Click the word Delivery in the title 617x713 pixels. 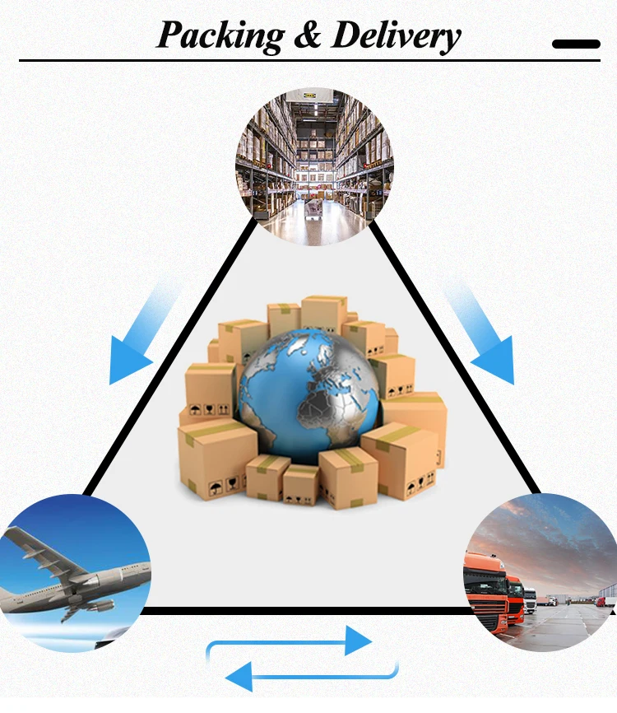tap(396, 35)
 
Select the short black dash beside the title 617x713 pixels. tap(576, 44)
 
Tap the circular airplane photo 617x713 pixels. tap(73, 573)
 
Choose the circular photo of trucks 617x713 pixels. tap(544, 573)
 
